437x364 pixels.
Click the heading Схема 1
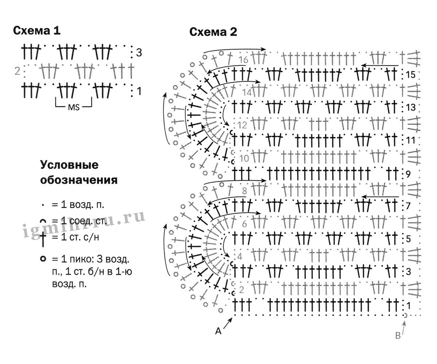(x=36, y=31)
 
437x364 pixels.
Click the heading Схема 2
(x=213, y=32)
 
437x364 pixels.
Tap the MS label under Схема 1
(x=73, y=107)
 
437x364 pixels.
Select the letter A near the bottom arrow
(x=219, y=331)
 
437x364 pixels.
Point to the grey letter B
(x=398, y=336)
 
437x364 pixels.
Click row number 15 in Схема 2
(x=410, y=75)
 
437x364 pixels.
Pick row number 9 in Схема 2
(x=408, y=174)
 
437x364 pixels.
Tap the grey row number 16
(x=244, y=60)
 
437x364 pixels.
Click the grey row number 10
(x=244, y=158)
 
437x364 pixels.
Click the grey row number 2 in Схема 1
(x=17, y=71)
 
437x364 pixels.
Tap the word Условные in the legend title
(x=69, y=165)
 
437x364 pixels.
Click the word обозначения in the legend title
(x=79, y=180)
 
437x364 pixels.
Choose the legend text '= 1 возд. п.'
(x=78, y=205)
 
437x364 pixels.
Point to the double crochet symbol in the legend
(x=43, y=238)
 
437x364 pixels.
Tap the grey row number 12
(x=242, y=126)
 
